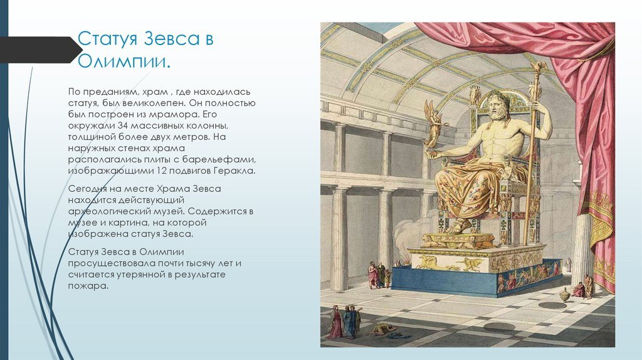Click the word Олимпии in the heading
[x=124, y=63]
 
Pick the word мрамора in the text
[x=182, y=115]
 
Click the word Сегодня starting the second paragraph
[x=89, y=189]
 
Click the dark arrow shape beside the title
[x=38, y=50]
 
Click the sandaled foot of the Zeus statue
[x=462, y=225]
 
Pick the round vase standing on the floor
[x=565, y=294]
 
